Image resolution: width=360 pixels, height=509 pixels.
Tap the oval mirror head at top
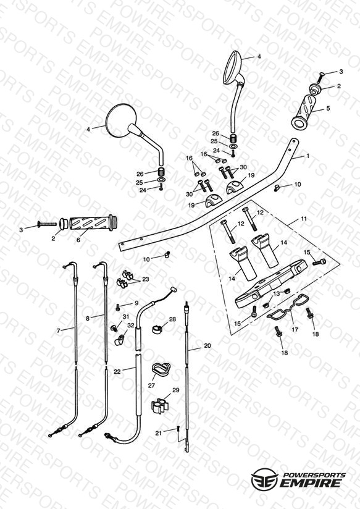233,67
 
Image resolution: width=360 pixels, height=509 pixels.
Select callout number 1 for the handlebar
308,156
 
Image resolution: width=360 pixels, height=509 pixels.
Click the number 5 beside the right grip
328,108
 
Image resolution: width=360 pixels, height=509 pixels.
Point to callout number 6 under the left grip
78,240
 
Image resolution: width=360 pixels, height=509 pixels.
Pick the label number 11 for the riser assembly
304,219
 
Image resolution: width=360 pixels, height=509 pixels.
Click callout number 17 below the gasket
295,329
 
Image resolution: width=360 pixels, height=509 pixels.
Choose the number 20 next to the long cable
207,346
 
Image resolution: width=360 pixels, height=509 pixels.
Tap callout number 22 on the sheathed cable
117,371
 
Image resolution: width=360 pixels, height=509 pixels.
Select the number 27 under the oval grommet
152,385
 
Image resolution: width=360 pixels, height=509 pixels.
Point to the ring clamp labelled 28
157,329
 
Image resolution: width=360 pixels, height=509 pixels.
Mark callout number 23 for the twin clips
146,279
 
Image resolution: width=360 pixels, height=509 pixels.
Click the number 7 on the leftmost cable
59,330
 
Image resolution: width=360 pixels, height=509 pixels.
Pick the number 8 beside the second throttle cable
87,319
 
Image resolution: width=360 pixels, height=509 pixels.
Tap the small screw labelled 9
118,306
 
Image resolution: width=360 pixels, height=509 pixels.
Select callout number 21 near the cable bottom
159,433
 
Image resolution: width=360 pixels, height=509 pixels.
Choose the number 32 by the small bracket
130,325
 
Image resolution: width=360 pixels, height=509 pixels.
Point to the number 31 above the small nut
125,316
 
